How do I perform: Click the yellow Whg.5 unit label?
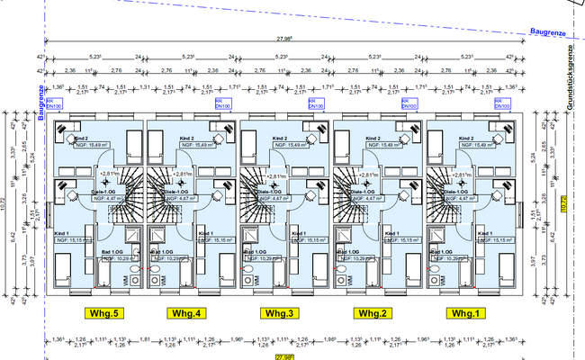[x=98, y=313]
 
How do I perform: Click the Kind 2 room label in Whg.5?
[x=82, y=138]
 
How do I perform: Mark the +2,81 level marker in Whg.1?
[x=462, y=173]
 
